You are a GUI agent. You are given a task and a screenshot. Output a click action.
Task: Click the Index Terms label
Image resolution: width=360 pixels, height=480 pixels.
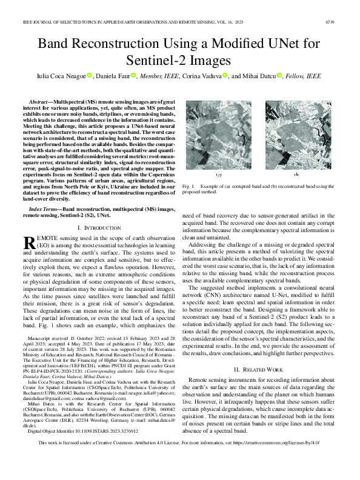44,207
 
